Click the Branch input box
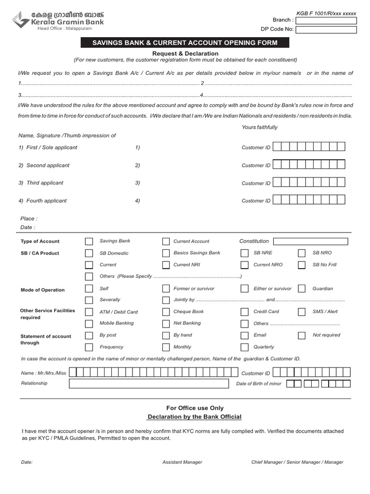tap(326, 20)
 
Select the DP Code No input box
tap(326, 30)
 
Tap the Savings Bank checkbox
tap(89, 241)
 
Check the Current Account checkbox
tap(166, 241)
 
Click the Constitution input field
tap(310, 241)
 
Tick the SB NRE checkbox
tap(245, 253)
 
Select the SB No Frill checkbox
tap(302, 265)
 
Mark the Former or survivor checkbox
tap(166, 288)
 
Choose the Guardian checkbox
tap(302, 288)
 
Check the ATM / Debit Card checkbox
tap(89, 312)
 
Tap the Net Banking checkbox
tap(166, 323)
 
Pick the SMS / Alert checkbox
tap(302, 312)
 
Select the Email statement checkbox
tap(245, 335)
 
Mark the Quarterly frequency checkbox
tap(245, 347)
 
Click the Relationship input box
tap(149, 384)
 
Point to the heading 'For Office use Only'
tap(195, 408)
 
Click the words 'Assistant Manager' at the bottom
tap(182, 462)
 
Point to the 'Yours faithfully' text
tap(260, 127)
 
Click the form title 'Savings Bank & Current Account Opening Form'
tap(185, 43)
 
